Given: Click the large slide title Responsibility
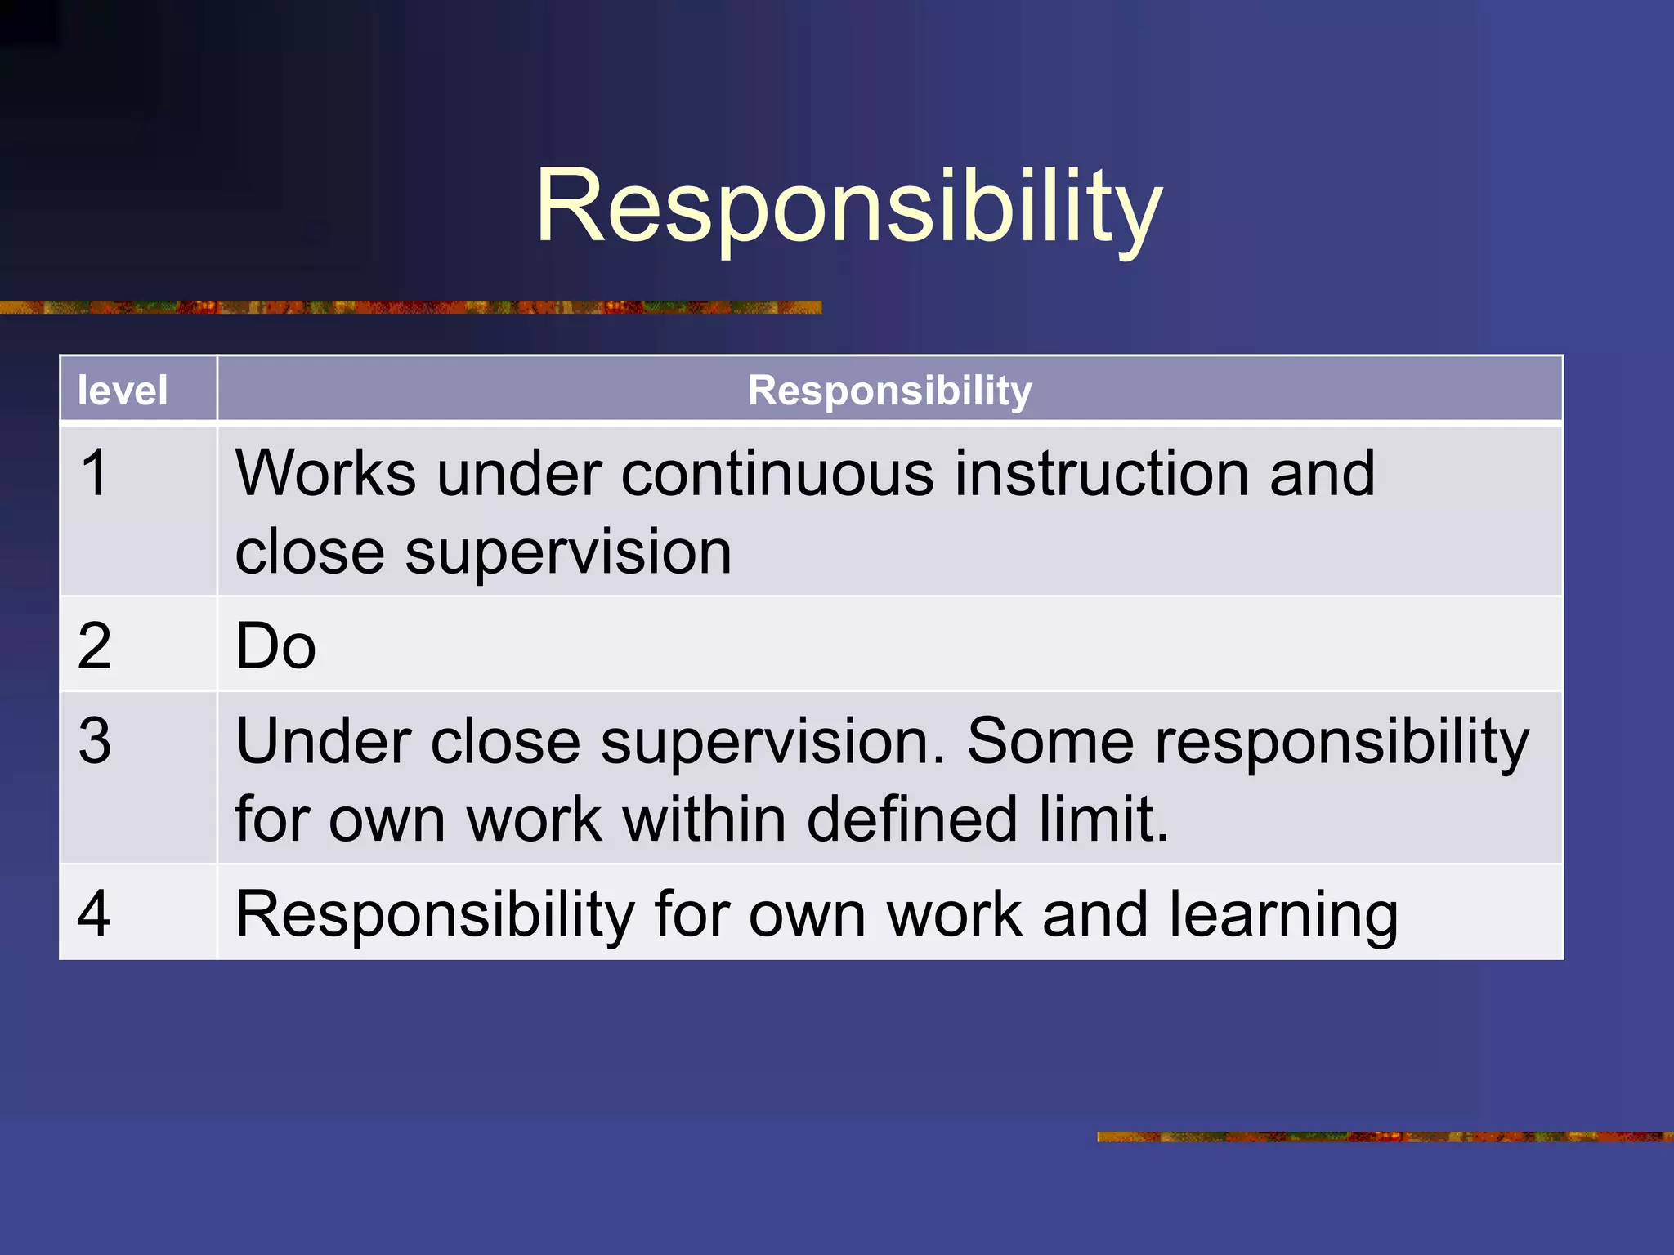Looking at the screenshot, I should click(x=848, y=206).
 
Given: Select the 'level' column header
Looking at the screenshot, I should click(x=123, y=391).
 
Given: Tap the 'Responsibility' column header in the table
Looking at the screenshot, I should click(x=889, y=391).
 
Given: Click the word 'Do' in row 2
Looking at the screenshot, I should click(x=275, y=646).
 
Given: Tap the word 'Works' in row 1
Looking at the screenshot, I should click(x=325, y=473).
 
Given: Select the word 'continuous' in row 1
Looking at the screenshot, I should click(x=777, y=473).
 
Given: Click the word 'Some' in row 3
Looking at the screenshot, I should click(x=1050, y=741).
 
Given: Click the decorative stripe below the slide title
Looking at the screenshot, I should click(x=409, y=307).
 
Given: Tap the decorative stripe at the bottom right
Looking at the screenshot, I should click(x=1385, y=1137).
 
